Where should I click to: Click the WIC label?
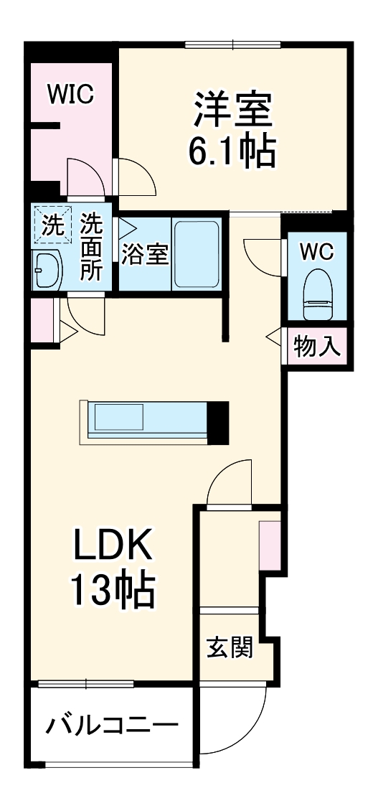point(70,95)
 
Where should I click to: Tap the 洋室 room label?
point(232,110)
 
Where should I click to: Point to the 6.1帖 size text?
point(232,151)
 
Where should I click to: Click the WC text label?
point(316,252)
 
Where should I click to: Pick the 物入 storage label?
point(316,347)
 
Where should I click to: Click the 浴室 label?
point(144,255)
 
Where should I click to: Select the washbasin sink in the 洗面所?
point(48,270)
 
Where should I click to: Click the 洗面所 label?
point(92,248)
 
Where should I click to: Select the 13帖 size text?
point(111,590)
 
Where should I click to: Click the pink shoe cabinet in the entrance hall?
point(269,545)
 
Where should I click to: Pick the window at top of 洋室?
point(233,46)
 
